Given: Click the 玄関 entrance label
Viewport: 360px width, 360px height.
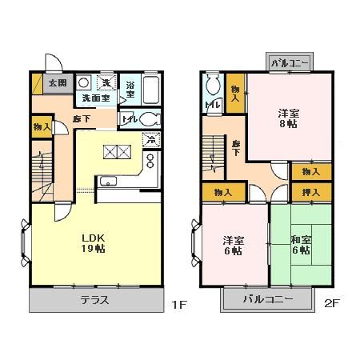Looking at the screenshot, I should (x=56, y=82).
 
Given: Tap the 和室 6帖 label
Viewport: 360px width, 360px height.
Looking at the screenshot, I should (x=301, y=244).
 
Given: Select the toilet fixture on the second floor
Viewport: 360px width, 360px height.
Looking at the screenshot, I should (x=212, y=86).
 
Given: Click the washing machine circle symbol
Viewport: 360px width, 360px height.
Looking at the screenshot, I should (x=83, y=82).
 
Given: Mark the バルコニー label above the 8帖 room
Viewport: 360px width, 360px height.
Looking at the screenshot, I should (x=290, y=62).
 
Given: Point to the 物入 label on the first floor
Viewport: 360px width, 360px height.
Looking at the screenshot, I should (x=42, y=126).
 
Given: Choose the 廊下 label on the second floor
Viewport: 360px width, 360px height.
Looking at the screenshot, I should (x=237, y=148).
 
